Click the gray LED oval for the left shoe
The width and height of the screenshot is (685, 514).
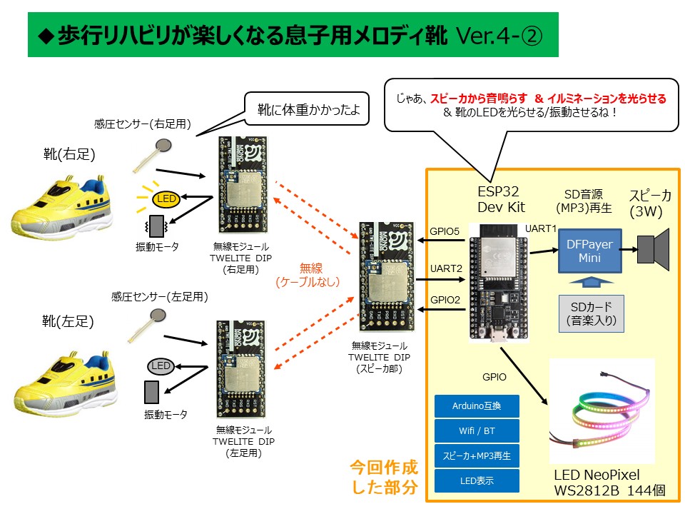(161, 366)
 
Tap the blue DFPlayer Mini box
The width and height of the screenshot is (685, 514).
(589, 251)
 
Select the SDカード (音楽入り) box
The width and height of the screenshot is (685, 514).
(591, 314)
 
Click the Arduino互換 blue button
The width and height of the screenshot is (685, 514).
(477, 407)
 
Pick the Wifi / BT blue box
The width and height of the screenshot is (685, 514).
(477, 431)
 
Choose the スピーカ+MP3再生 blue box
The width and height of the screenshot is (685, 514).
(477, 455)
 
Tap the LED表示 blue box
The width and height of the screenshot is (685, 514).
(477, 480)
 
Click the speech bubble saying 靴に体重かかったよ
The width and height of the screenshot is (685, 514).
(309, 111)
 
